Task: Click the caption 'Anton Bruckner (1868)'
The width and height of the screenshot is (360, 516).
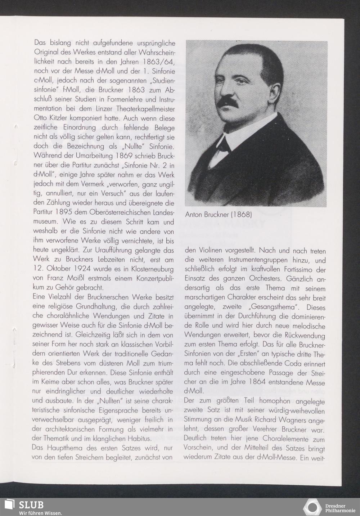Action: click(218, 215)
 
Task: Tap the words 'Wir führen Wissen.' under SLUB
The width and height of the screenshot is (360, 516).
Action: click(40, 513)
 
